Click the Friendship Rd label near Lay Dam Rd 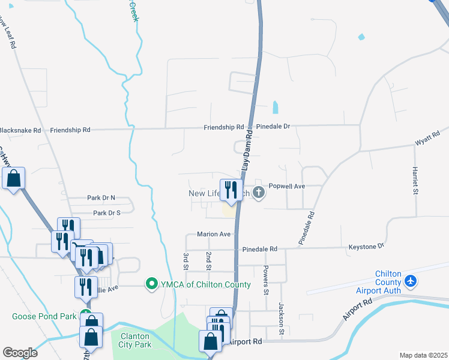[223, 127]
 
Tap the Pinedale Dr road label [273, 127]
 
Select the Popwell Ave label [287, 187]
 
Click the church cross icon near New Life [259, 192]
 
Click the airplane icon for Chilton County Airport [411, 280]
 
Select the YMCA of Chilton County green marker [152, 284]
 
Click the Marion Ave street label [214, 234]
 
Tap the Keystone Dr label [366, 247]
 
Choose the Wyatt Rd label [428, 139]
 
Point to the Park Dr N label [100, 197]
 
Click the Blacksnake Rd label [20, 130]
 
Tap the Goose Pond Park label [44, 316]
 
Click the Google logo [20, 352]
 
